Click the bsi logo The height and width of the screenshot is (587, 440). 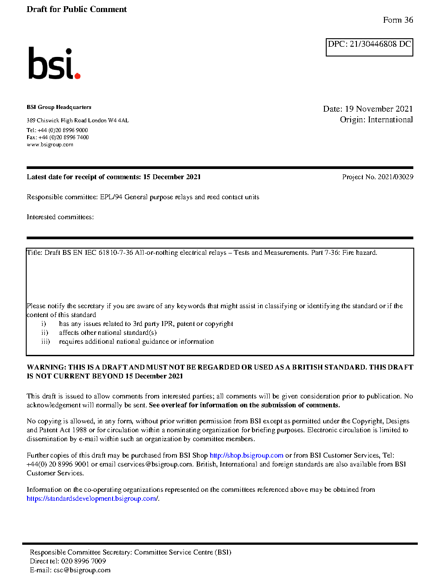(54, 64)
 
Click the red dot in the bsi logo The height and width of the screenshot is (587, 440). (77, 76)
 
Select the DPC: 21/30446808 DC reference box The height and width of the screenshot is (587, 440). (369, 47)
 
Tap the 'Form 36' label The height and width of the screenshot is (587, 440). (398, 20)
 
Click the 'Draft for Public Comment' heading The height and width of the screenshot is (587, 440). (76, 9)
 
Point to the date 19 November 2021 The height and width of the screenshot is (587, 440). (379, 109)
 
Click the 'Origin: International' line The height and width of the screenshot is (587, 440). (376, 120)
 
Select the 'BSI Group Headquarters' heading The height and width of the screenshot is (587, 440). (59, 107)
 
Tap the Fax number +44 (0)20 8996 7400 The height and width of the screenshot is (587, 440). (64, 137)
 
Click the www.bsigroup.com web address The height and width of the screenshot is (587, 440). (50, 145)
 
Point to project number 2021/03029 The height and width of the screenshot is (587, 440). (395, 177)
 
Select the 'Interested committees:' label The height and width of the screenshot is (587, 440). (60, 217)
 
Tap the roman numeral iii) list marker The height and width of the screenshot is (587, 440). (45, 342)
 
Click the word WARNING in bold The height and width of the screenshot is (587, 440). (46, 367)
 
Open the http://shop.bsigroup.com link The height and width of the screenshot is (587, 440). (246, 455)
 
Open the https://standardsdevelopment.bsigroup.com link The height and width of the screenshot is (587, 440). (92, 499)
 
